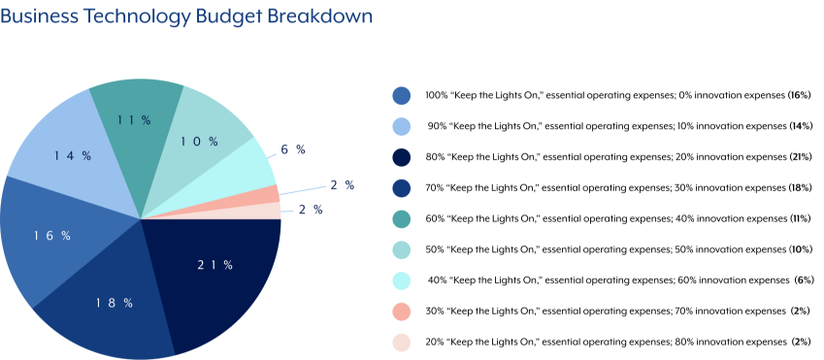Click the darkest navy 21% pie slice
point(218,277)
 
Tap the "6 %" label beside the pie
point(293,149)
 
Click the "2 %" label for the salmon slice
point(342,184)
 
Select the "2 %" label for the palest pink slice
point(311,210)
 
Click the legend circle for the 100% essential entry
point(402,95)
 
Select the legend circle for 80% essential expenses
point(402,157)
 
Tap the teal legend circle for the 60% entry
point(402,218)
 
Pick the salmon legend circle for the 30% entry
point(402,311)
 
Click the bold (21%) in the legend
point(800,157)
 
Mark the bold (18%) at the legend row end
point(800,187)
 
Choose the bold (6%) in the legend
point(803,280)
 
